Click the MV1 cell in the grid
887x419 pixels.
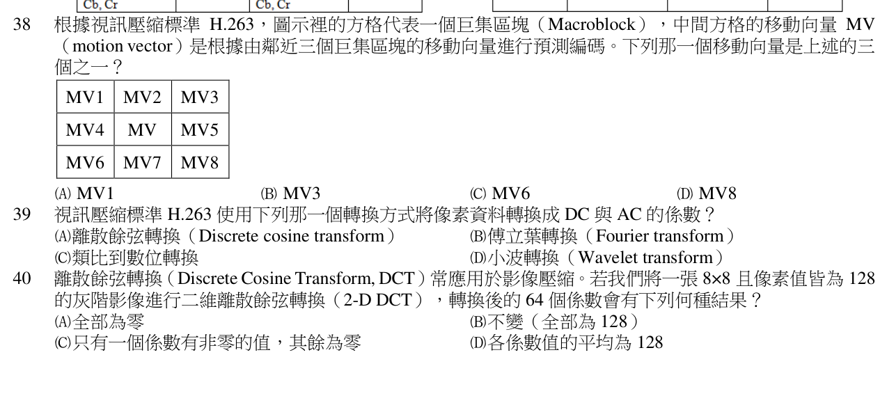point(86,97)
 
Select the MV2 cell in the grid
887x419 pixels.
point(143,97)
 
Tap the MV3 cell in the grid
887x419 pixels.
point(200,97)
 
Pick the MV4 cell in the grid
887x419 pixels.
point(86,129)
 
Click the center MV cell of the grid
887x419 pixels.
point(143,129)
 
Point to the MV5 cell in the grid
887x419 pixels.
point(200,129)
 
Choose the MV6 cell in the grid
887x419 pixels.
point(86,162)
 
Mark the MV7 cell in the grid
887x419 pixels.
point(143,162)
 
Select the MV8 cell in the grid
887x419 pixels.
point(200,162)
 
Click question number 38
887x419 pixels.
point(22,24)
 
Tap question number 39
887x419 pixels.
point(22,214)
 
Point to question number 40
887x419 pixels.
point(22,278)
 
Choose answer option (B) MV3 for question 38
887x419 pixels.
point(290,193)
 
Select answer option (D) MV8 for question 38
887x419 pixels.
point(707,193)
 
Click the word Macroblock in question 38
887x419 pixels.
point(592,24)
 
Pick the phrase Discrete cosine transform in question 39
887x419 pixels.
point(292,236)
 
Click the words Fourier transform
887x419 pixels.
point(660,236)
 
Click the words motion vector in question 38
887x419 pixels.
point(123,47)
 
